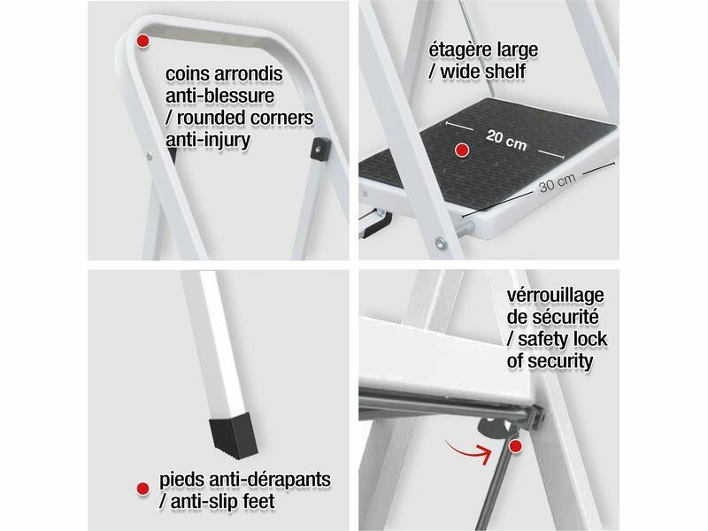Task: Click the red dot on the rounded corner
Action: [142, 41]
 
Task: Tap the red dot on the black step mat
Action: [461, 150]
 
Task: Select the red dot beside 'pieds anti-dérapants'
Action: [142, 489]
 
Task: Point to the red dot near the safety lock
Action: [515, 447]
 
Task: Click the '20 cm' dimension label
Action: [506, 140]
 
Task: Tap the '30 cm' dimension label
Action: [558, 181]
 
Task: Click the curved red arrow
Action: [469, 450]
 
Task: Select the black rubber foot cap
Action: [233, 436]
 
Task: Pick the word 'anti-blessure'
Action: [219, 96]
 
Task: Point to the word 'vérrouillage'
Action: [556, 296]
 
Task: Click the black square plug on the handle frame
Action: [320, 148]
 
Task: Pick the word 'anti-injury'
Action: [208, 140]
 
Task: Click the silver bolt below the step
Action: [441, 242]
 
